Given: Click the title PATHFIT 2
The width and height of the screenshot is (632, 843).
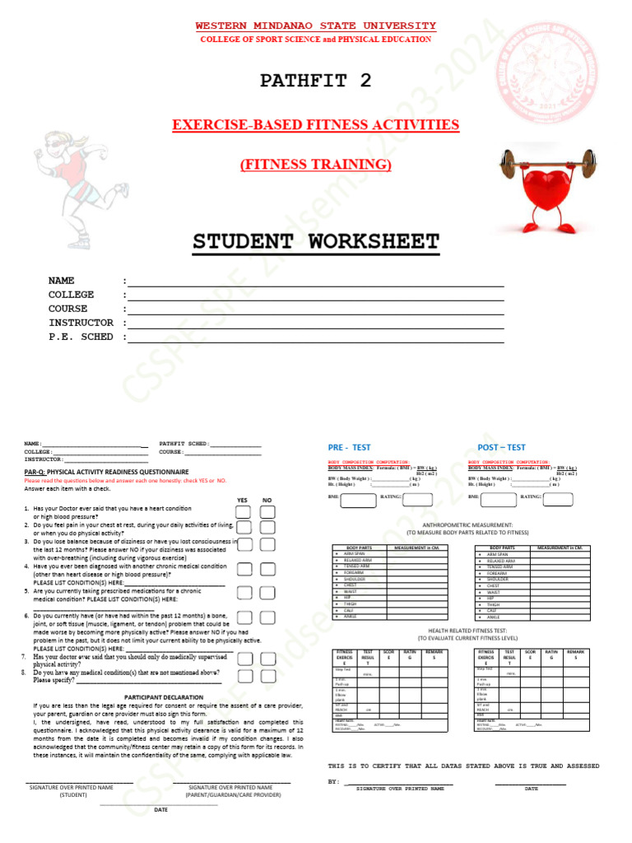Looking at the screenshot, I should [315, 80].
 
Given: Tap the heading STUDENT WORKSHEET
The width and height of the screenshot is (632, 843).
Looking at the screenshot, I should [316, 241].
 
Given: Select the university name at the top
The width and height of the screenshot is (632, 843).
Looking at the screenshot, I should [315, 26].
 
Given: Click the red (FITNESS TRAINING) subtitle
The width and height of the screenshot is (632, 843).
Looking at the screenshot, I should [315, 165].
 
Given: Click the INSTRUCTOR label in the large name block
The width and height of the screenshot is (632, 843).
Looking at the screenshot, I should [81, 323].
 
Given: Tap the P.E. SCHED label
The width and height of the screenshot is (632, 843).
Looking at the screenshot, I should [81, 337].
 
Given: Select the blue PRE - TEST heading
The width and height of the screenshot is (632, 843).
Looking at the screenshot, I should [349, 447].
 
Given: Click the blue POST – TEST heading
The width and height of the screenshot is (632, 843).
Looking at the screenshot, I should [501, 447].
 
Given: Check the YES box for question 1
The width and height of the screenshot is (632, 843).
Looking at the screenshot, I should [244, 512].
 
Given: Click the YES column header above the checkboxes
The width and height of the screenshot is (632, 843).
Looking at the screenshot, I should [242, 500].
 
